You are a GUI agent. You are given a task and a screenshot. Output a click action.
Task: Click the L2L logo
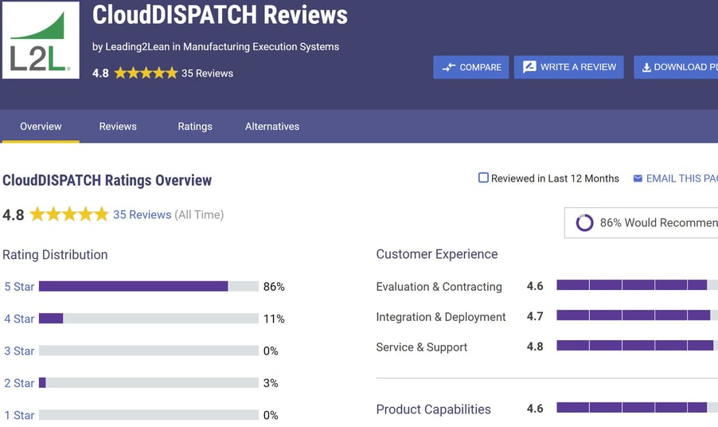tap(41, 40)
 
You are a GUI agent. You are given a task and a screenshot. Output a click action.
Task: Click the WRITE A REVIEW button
tap(568, 67)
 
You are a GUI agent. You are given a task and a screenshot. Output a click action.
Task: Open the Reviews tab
tap(118, 127)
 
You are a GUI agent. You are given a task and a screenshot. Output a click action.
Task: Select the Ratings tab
tap(195, 127)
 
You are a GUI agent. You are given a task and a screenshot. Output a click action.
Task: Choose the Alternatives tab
tap(272, 127)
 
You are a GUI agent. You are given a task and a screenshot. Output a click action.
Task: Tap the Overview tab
tap(41, 127)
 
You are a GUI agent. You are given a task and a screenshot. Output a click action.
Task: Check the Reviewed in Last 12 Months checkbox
tap(483, 178)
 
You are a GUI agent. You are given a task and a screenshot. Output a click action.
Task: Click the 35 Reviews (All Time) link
tap(142, 214)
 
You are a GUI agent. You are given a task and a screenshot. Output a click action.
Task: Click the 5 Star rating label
tap(19, 287)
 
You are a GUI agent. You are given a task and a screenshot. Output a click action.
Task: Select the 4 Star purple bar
tap(51, 319)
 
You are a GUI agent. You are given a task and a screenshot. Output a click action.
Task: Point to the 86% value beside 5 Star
tap(274, 287)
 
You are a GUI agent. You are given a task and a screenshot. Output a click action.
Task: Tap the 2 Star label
tap(19, 383)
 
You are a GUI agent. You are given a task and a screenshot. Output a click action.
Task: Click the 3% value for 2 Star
tap(271, 383)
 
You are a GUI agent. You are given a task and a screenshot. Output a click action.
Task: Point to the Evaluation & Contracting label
tap(439, 287)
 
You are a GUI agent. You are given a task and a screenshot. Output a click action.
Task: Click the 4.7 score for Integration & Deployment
tap(535, 316)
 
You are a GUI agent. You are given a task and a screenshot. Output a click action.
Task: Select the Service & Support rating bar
tap(635, 346)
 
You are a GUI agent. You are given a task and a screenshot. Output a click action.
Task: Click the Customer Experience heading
tap(437, 254)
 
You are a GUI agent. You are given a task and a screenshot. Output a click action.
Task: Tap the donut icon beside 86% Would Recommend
tap(584, 223)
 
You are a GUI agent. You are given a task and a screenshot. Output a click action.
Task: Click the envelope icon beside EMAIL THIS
tap(638, 178)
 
